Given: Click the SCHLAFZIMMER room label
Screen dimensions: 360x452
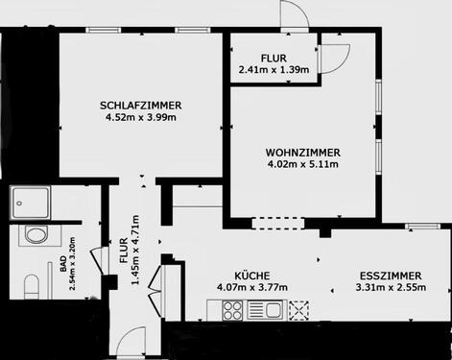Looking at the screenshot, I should [x=141, y=105].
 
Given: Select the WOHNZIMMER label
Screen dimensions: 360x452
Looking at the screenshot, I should [x=303, y=152].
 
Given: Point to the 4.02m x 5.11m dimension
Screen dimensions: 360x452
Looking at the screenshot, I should [x=303, y=164].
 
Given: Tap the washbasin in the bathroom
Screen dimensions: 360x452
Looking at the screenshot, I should [x=36, y=236].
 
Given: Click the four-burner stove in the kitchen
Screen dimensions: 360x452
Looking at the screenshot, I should [x=233, y=309].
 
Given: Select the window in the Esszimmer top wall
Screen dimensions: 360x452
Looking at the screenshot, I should [x=418, y=227].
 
